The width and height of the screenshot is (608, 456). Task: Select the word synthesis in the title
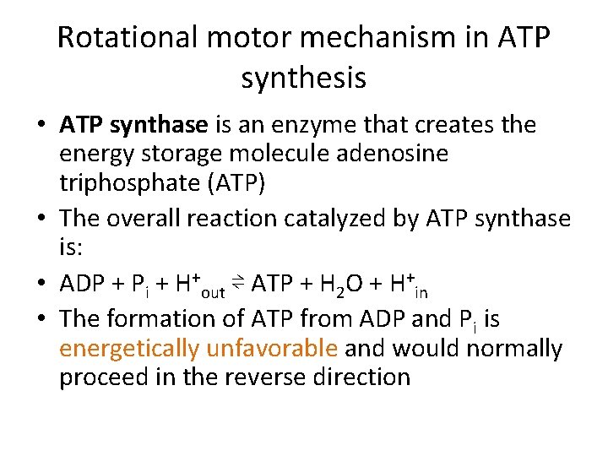click(x=303, y=78)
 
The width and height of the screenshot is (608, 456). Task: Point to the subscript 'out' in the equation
click(x=214, y=292)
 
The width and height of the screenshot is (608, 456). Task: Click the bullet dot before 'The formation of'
click(x=41, y=320)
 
